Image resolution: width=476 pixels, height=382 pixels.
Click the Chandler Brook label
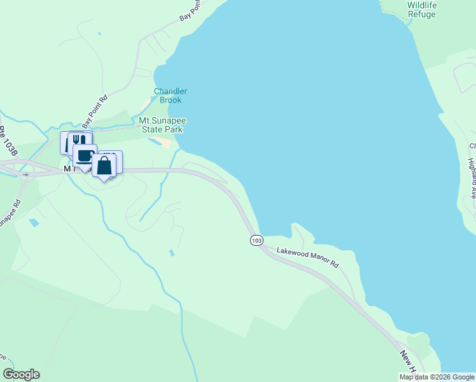[x=171, y=95]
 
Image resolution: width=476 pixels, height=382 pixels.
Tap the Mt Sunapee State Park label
[x=161, y=125]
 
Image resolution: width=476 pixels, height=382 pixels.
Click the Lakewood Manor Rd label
[x=308, y=258]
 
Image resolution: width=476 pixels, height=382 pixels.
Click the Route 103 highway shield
[x=256, y=240]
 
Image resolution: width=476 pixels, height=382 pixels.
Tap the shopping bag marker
[x=104, y=166]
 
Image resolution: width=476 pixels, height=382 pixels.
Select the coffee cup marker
[x=84, y=155]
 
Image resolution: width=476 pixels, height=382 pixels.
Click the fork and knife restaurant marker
[x=79, y=140]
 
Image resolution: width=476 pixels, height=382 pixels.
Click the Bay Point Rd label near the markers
[x=95, y=109]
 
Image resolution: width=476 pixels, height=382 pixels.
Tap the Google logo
[x=21, y=374]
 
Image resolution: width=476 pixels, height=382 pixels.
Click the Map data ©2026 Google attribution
[x=437, y=377]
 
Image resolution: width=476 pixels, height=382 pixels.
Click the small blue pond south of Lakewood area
[x=171, y=253]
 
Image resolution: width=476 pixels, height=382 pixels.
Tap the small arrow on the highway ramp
[x=25, y=173]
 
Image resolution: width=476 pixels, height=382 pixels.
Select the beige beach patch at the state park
[x=166, y=143]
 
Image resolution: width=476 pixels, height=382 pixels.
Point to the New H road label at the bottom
[x=408, y=360]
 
